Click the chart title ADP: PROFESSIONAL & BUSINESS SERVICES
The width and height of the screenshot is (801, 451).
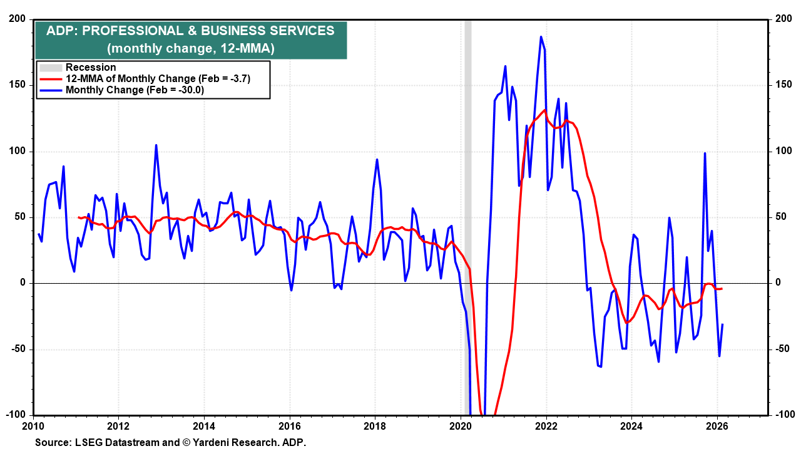(x=190, y=31)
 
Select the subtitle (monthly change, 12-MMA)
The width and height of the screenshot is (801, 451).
(x=190, y=48)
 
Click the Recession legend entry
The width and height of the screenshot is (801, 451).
(x=91, y=68)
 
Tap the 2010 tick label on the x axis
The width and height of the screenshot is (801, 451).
(x=33, y=427)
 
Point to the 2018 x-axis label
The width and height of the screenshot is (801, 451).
(x=375, y=427)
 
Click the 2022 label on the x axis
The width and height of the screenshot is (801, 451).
(x=546, y=427)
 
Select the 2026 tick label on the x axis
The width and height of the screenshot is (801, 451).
(x=717, y=427)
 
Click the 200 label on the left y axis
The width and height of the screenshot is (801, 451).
(x=16, y=19)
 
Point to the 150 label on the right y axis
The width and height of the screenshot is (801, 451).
(x=783, y=85)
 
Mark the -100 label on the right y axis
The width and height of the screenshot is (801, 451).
(x=784, y=415)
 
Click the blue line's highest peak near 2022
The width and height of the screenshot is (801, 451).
(x=541, y=37)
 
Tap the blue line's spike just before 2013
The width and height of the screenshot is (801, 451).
(x=156, y=145)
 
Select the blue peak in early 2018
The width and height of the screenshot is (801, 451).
(x=377, y=160)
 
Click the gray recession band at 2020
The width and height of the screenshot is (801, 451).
(x=467, y=188)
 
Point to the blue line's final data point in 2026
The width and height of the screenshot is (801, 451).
(x=723, y=324)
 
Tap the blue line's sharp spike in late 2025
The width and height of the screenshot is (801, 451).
(x=705, y=153)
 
